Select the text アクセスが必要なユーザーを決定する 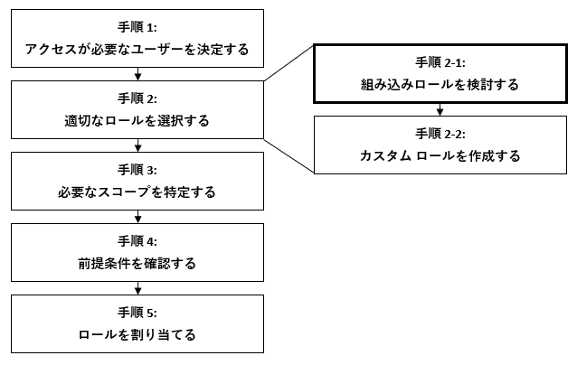coord(137,48)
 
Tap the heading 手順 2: coord(137,98)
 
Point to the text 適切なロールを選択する coord(137,119)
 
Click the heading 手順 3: coord(137,170)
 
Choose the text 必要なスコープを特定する coord(137,192)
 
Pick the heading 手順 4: coord(137,242)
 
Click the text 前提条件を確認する coord(137,264)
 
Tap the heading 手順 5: coord(137,314)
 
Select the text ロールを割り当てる coord(137,335)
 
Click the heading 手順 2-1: coord(440,62)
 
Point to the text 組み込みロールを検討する coord(440,84)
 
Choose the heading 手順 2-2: coord(440,134)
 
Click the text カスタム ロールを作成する coord(440,155)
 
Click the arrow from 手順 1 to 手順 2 coord(137,74)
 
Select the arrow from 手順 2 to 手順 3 coord(137,145)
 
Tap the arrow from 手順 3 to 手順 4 coord(137,218)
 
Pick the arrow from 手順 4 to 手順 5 coord(137,289)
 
